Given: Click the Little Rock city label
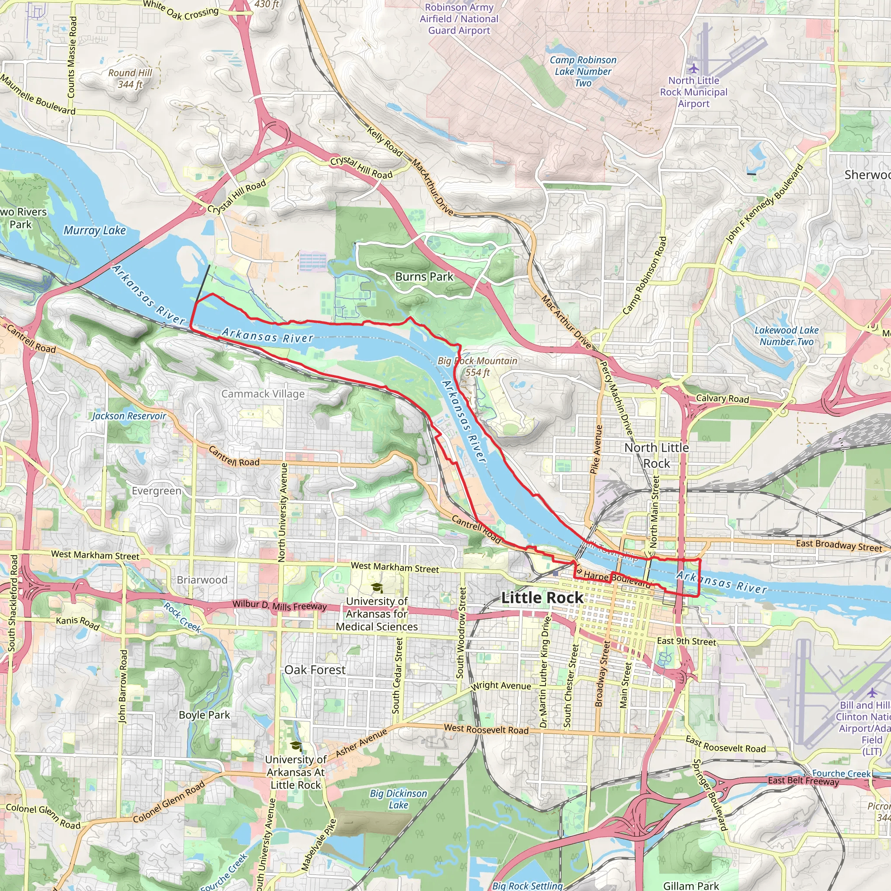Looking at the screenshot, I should coord(542,598).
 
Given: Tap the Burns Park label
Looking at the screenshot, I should coord(424,277).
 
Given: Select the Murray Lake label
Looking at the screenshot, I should coord(94,230).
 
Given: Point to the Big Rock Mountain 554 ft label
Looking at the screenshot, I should coord(477,367).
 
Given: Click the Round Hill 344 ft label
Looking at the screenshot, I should coord(130,78).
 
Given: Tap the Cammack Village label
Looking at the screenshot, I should coord(263,394).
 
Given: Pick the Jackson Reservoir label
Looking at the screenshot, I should coord(129,416).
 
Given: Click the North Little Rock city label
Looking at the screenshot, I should coord(656,455).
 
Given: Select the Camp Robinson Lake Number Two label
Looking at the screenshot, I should coord(583,71).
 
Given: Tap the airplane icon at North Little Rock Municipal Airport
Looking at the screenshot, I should coord(693,69).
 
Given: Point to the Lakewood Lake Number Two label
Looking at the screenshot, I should coord(786,336).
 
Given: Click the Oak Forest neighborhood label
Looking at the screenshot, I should coord(315,670).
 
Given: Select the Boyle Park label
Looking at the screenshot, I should coord(204,715).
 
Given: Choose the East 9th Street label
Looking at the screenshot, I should coord(686,642).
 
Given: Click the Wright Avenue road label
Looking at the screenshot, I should coord(501,686).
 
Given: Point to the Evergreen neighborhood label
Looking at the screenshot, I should coord(157,491).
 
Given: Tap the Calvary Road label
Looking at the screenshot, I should coord(722,399).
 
